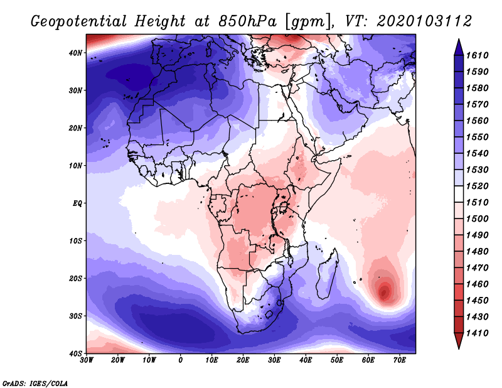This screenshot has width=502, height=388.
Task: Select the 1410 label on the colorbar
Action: pyautogui.click(x=479, y=333)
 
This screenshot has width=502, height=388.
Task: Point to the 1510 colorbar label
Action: pyautogui.click(x=479, y=203)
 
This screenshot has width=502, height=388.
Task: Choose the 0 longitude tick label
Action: pyautogui.click(x=181, y=360)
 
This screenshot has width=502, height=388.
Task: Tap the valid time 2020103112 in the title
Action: pyautogui.click(x=424, y=21)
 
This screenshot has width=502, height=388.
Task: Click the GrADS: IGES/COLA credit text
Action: pyautogui.click(x=35, y=382)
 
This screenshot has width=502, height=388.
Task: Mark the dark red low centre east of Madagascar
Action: pyautogui.click(x=384, y=291)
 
